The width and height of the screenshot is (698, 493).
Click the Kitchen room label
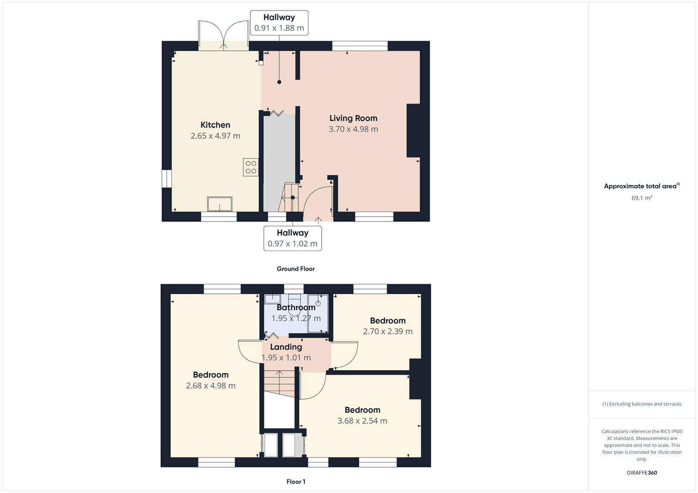click(x=215, y=125)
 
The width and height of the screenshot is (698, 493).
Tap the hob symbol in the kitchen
click(x=251, y=167)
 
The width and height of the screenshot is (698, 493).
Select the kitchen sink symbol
click(x=219, y=204)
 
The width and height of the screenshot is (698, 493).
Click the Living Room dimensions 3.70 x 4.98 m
click(x=353, y=129)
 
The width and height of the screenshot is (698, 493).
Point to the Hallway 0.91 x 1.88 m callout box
click(x=279, y=23)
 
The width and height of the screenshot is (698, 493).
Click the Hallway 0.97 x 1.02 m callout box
click(x=293, y=238)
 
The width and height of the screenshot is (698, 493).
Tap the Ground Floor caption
click(x=295, y=269)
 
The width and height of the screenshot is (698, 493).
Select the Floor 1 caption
click(x=296, y=482)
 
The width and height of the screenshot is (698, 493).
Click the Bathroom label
click(x=296, y=308)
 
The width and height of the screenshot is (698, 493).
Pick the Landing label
click(x=286, y=347)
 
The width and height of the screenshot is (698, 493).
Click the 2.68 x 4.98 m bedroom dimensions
click(x=211, y=386)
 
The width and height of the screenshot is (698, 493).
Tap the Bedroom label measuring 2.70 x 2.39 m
click(x=388, y=321)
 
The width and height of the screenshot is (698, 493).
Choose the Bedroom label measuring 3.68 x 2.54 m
click(x=363, y=410)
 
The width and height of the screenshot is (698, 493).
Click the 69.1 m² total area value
click(x=642, y=198)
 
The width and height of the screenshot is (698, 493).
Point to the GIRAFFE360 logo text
click(x=642, y=473)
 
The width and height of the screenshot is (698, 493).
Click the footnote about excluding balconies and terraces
click(x=642, y=404)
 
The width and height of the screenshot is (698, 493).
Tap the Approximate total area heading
click(x=640, y=186)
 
